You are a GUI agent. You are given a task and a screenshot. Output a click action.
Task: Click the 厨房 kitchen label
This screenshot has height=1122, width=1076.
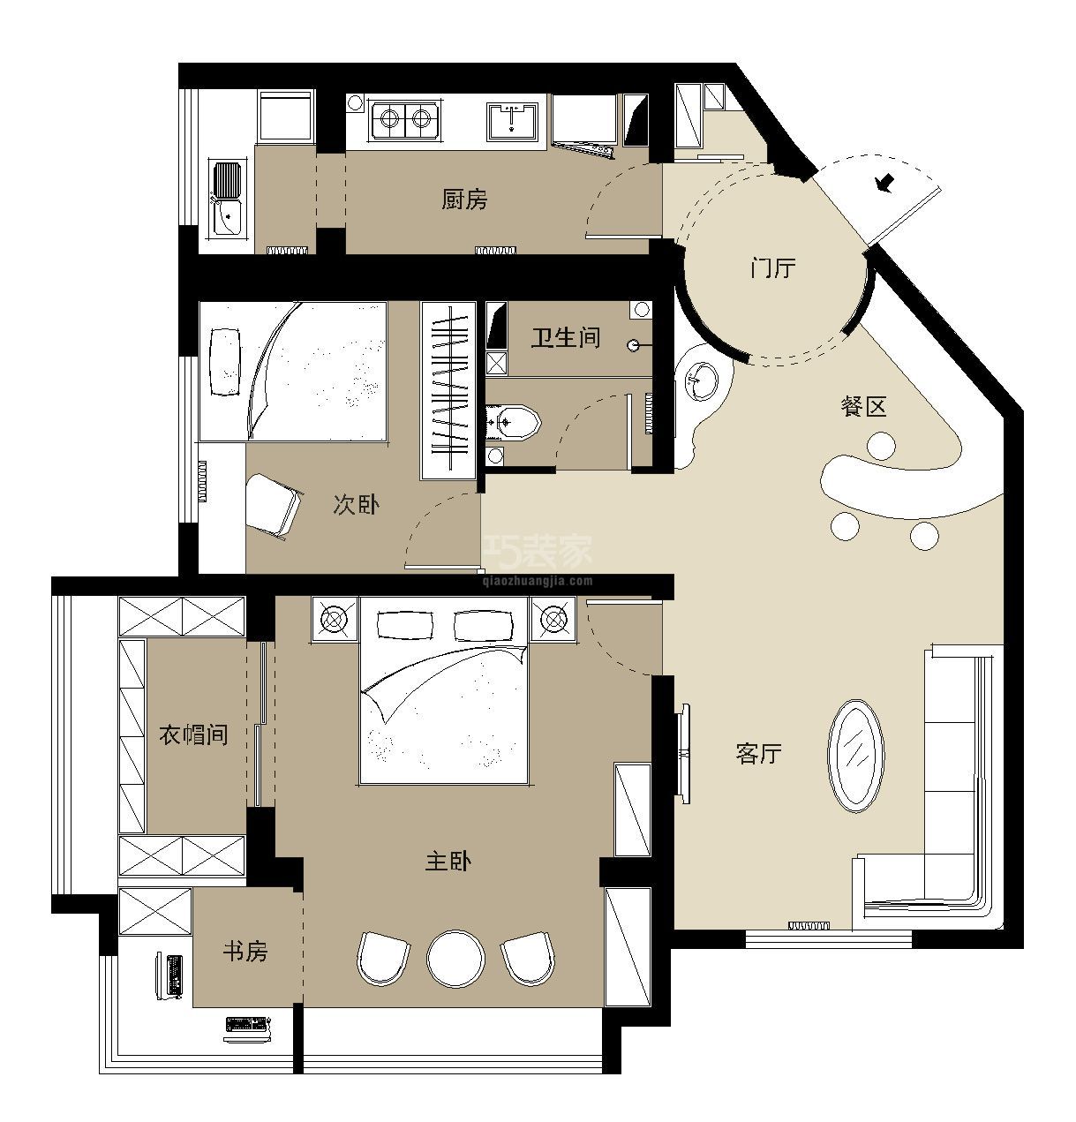tap(464, 200)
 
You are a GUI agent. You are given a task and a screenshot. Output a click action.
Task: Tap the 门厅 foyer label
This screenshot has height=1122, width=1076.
tap(773, 268)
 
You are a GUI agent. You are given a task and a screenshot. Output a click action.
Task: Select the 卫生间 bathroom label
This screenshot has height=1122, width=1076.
tap(565, 338)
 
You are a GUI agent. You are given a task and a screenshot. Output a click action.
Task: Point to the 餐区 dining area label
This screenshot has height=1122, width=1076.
tap(862, 407)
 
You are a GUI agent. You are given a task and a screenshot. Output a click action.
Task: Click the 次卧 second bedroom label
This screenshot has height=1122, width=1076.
tap(357, 504)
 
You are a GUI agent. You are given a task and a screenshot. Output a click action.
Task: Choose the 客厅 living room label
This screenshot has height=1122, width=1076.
tap(759, 753)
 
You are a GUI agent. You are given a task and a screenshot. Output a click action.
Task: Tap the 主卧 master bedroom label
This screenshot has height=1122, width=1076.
tap(448, 862)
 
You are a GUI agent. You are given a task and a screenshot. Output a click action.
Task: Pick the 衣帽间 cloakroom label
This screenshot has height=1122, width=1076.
tap(193, 735)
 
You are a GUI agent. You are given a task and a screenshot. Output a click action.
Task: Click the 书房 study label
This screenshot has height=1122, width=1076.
tap(245, 952)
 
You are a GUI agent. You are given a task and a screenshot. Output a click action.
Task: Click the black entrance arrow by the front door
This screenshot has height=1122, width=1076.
tap(884, 183)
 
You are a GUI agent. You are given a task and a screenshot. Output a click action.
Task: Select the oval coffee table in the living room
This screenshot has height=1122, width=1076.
tap(855, 756)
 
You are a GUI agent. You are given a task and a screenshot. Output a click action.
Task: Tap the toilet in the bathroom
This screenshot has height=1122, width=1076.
tap(513, 422)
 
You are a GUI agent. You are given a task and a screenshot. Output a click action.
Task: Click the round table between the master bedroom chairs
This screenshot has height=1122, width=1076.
tap(455, 959)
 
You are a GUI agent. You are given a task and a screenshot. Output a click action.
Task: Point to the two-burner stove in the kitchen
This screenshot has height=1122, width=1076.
tap(404, 119)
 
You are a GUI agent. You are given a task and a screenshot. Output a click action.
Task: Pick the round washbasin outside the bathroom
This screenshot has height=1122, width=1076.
tap(702, 381)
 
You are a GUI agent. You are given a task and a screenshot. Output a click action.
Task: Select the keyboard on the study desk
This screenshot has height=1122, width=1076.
tap(246, 1025)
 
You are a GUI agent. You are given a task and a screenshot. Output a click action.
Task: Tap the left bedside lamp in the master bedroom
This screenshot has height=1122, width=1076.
tap(334, 619)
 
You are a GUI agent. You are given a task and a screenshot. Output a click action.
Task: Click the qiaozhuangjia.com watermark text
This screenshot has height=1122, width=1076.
tap(537, 581)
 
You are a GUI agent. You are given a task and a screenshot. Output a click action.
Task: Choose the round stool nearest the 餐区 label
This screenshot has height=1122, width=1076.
tap(882, 446)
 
